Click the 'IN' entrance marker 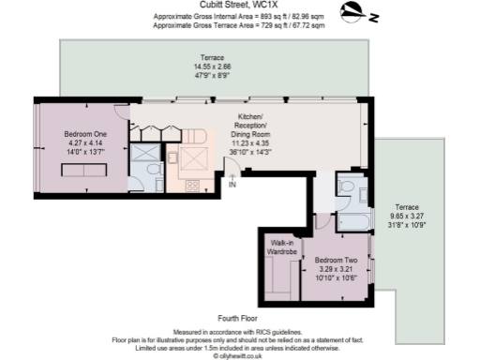[232, 185]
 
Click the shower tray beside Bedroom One [145, 153]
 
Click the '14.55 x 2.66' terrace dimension [211, 67]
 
